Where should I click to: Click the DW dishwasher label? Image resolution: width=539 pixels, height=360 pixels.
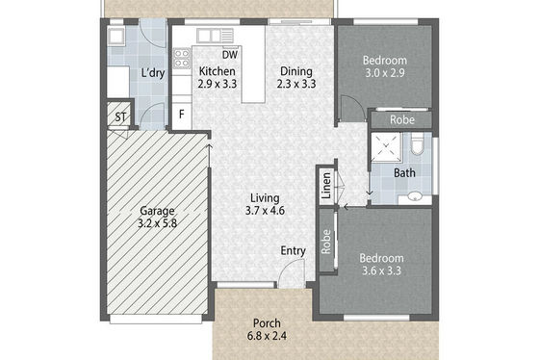pos(230,55)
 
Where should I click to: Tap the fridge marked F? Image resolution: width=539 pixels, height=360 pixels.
pos(182,114)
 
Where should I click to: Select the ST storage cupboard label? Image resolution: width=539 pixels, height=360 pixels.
pos(120,117)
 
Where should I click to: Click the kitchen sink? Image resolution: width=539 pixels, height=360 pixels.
pos(216,36)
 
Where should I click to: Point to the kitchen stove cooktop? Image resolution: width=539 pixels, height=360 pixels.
pos(182,59)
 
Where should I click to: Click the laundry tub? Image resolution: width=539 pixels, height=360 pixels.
pos(116,36)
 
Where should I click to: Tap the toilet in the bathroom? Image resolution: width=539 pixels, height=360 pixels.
pos(418,144)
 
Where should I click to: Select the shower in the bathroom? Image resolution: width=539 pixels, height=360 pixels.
pos(386,147)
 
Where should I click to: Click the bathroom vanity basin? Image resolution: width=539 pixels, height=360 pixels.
pos(415,197)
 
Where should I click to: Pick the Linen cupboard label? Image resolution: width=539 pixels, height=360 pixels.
pos(326,186)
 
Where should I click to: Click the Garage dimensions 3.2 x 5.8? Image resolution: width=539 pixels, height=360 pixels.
pos(157,223)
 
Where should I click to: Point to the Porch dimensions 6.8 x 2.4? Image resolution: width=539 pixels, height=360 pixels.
pos(267,336)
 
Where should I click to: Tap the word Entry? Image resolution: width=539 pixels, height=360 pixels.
pos(294,251)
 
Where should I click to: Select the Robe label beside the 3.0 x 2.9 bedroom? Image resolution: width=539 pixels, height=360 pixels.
pos(402,120)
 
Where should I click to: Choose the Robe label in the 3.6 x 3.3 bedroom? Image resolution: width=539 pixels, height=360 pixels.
pos(326,242)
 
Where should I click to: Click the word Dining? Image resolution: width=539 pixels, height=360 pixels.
pos(296,71)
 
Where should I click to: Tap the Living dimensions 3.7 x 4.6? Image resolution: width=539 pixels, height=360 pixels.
pos(265,211)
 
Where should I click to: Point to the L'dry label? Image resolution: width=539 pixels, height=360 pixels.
pos(153,73)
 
